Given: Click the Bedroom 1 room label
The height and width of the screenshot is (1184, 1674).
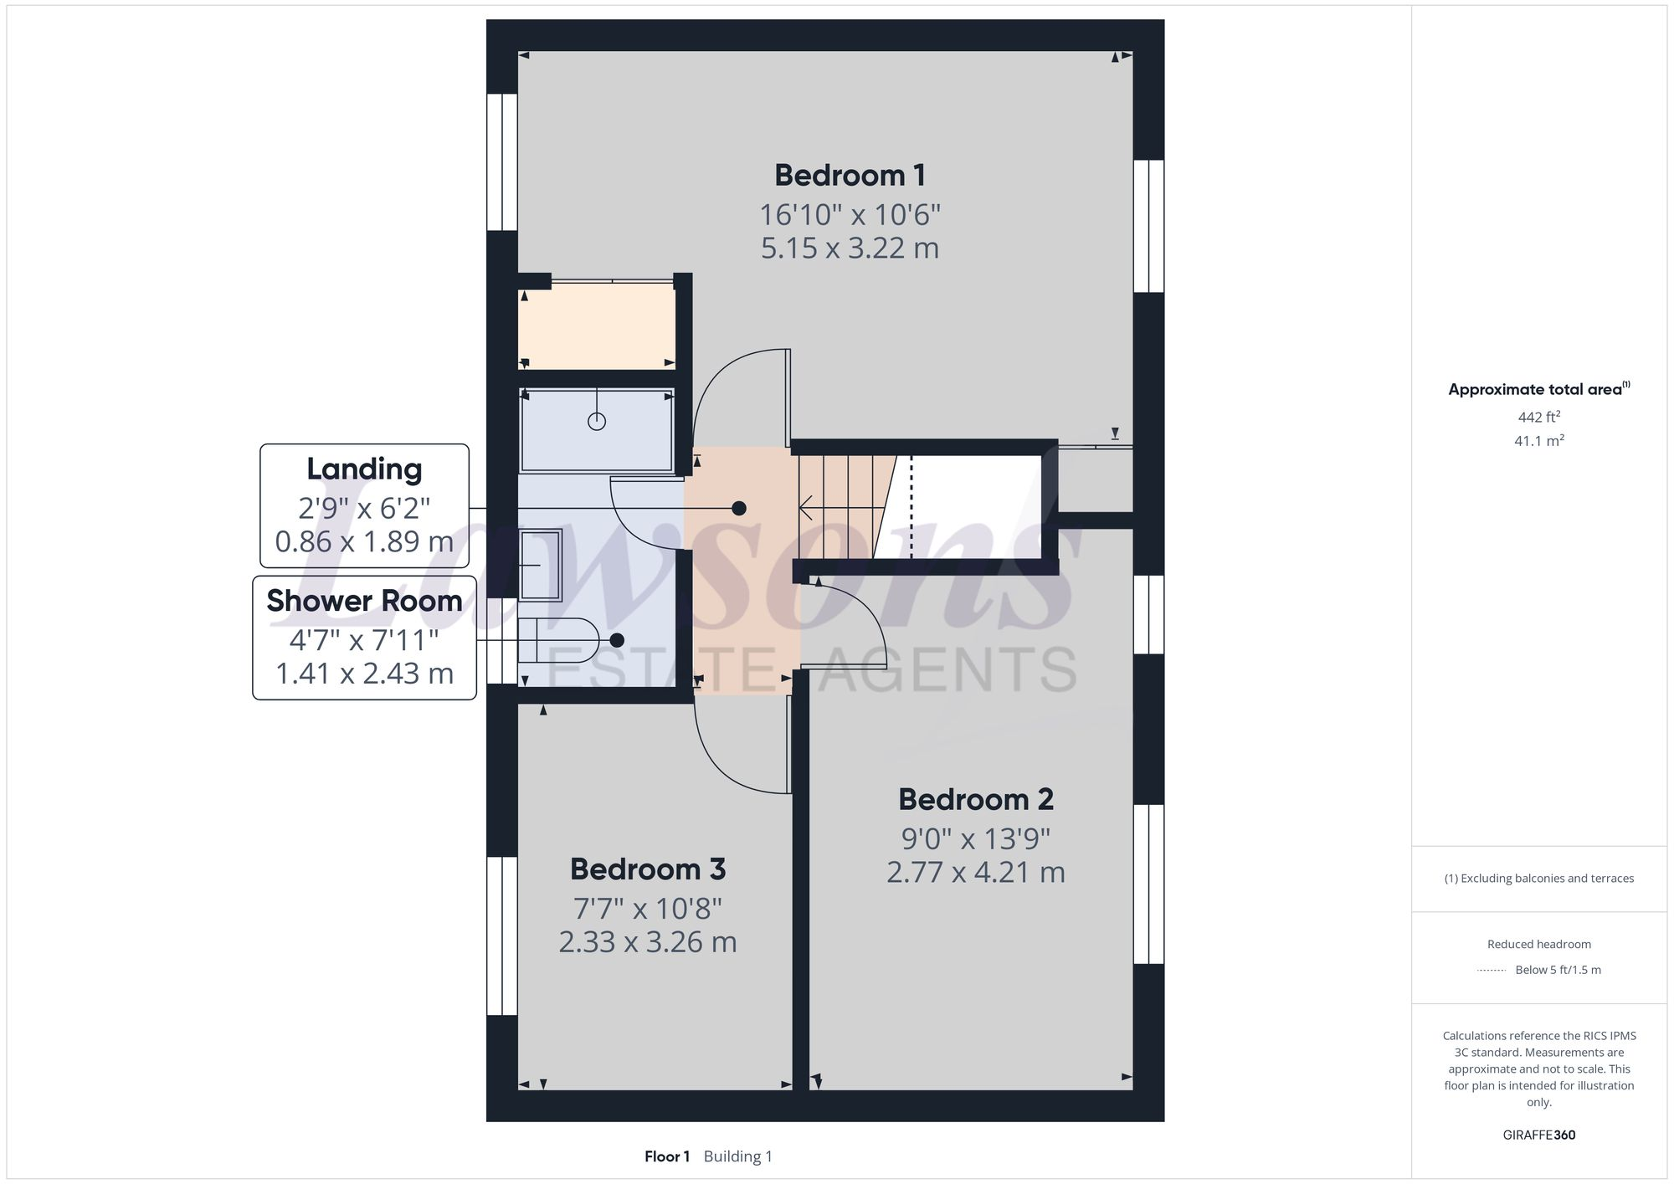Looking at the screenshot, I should (850, 176).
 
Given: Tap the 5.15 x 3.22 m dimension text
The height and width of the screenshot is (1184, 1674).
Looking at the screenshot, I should (850, 249).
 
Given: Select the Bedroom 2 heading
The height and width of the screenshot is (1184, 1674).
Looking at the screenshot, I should (975, 800).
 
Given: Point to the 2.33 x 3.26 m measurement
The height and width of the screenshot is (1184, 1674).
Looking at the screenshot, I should (647, 942).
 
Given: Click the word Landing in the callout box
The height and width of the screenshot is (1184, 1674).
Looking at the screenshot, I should (364, 469).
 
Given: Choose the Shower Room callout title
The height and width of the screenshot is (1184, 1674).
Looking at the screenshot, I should (364, 601).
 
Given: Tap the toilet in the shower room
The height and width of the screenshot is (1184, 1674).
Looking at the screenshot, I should (557, 640).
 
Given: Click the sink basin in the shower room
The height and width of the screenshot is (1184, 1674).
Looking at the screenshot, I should (541, 565).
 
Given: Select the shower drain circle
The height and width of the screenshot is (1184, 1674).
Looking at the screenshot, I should (597, 422).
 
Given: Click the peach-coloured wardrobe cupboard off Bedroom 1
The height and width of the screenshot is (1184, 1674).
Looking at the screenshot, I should (596, 326).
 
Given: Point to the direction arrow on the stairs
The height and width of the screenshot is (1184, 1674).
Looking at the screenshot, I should (808, 507).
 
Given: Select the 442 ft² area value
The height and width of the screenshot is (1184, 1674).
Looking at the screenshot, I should (1538, 417).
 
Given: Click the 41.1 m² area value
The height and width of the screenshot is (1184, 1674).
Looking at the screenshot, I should (1538, 441).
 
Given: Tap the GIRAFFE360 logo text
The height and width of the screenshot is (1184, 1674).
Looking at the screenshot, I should (1538, 1135).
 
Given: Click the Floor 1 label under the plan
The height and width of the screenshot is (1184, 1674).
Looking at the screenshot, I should (667, 1156).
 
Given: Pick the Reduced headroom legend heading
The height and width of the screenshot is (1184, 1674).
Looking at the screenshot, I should (1538, 944).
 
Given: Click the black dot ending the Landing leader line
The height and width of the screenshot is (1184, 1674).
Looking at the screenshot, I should (739, 508).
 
